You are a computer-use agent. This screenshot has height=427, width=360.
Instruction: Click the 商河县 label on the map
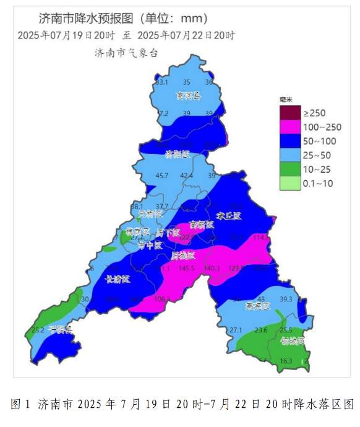[188, 96]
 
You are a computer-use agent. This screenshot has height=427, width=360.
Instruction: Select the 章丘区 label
[228, 215]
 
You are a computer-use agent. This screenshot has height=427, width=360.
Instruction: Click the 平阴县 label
[60, 329]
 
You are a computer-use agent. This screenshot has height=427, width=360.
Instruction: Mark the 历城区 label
[182, 255]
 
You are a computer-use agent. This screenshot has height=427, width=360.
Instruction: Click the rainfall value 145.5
[186, 269]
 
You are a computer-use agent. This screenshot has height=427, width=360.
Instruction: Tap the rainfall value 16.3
[286, 361]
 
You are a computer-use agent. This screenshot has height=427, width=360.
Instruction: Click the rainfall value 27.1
[236, 330]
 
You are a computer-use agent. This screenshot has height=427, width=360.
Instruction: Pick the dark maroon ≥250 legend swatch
[289, 113]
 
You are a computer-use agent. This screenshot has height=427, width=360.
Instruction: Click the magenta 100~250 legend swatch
[289, 127]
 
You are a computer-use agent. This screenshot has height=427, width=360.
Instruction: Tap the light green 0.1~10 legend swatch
[289, 183]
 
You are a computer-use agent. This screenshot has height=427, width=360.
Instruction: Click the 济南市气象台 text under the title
[127, 53]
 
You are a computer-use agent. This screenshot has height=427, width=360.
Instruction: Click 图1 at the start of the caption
[21, 404]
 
